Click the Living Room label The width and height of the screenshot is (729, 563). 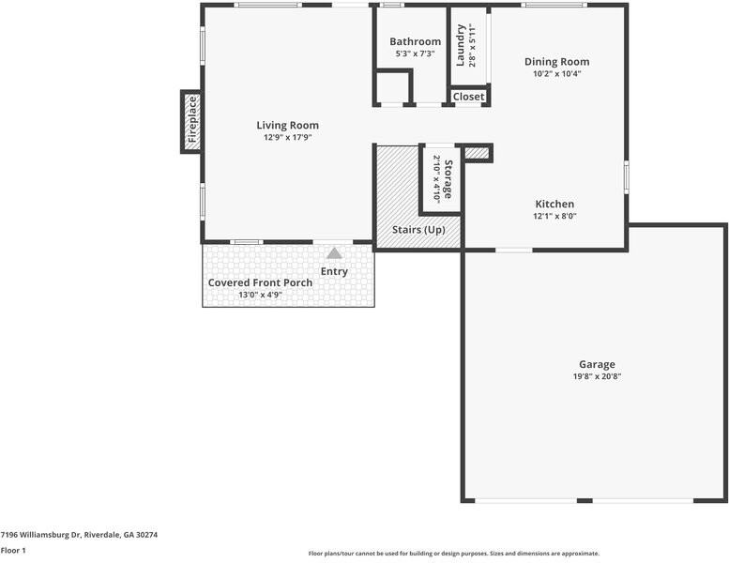tap(287, 125)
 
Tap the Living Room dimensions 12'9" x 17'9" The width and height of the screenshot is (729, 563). tap(287, 138)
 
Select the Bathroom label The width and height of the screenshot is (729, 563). tap(415, 41)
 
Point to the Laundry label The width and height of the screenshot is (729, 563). tap(461, 44)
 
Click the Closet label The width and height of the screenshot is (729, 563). tap(468, 97)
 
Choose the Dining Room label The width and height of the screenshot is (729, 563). tap(556, 62)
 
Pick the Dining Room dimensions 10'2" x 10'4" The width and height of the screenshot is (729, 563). tap(556, 74)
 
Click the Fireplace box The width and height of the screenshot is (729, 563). tap(191, 122)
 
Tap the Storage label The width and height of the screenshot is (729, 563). tap(448, 179)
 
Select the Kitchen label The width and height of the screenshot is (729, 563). tap(554, 204)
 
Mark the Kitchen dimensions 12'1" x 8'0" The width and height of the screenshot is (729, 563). tap(554, 216)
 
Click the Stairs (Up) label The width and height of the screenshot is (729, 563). tap(418, 230)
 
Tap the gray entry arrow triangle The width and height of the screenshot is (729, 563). tap(334, 252)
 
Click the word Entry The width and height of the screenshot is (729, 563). tap(334, 271)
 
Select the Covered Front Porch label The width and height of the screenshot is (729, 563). tap(260, 282)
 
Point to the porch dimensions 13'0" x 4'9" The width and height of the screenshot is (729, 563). tap(260, 295)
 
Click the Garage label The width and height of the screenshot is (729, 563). tap(597, 364)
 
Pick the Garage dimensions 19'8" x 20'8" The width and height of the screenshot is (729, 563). tap(597, 376)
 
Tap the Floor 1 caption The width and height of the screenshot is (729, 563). tap(13, 551)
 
